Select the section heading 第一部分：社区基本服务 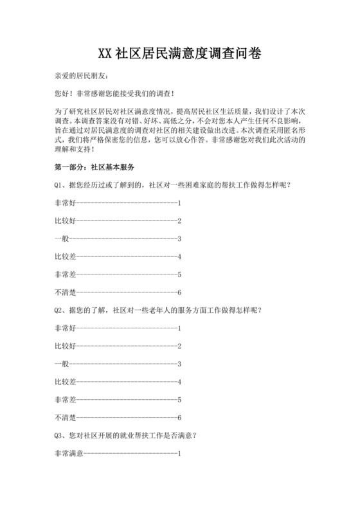94,167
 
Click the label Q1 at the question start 59,185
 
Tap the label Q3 59,435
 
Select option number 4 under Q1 179,256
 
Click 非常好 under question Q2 65,328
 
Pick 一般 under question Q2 61,364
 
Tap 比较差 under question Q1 65,256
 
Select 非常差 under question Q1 65,274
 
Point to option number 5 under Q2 179,400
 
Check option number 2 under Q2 179,346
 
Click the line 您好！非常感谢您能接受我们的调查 114,93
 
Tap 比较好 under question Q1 65,221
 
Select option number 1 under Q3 179,453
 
